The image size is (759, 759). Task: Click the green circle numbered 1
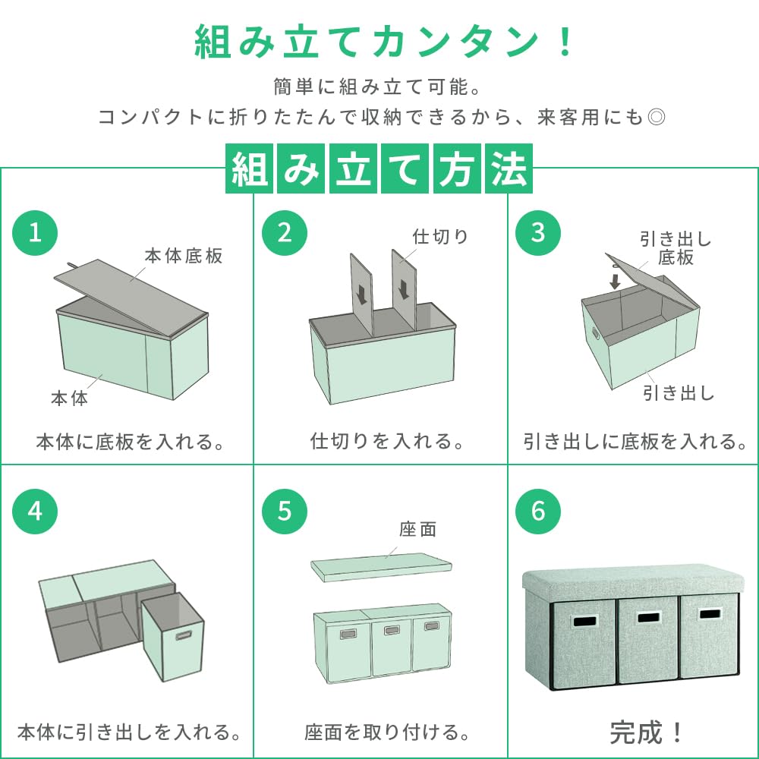click(x=35, y=232)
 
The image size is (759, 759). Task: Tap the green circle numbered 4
click(x=35, y=511)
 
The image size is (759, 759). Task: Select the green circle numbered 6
click(x=538, y=511)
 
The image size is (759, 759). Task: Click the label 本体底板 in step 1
click(x=184, y=256)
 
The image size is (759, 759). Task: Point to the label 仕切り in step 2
click(x=440, y=236)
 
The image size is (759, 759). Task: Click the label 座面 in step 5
click(x=418, y=530)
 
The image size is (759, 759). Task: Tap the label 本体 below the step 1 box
click(x=69, y=398)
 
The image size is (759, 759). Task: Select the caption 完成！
click(x=647, y=732)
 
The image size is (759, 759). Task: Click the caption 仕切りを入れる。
click(x=388, y=441)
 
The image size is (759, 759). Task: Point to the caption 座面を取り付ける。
click(x=387, y=732)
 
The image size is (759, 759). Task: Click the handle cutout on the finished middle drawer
click(x=649, y=618)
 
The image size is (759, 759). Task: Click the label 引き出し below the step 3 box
click(x=679, y=393)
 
